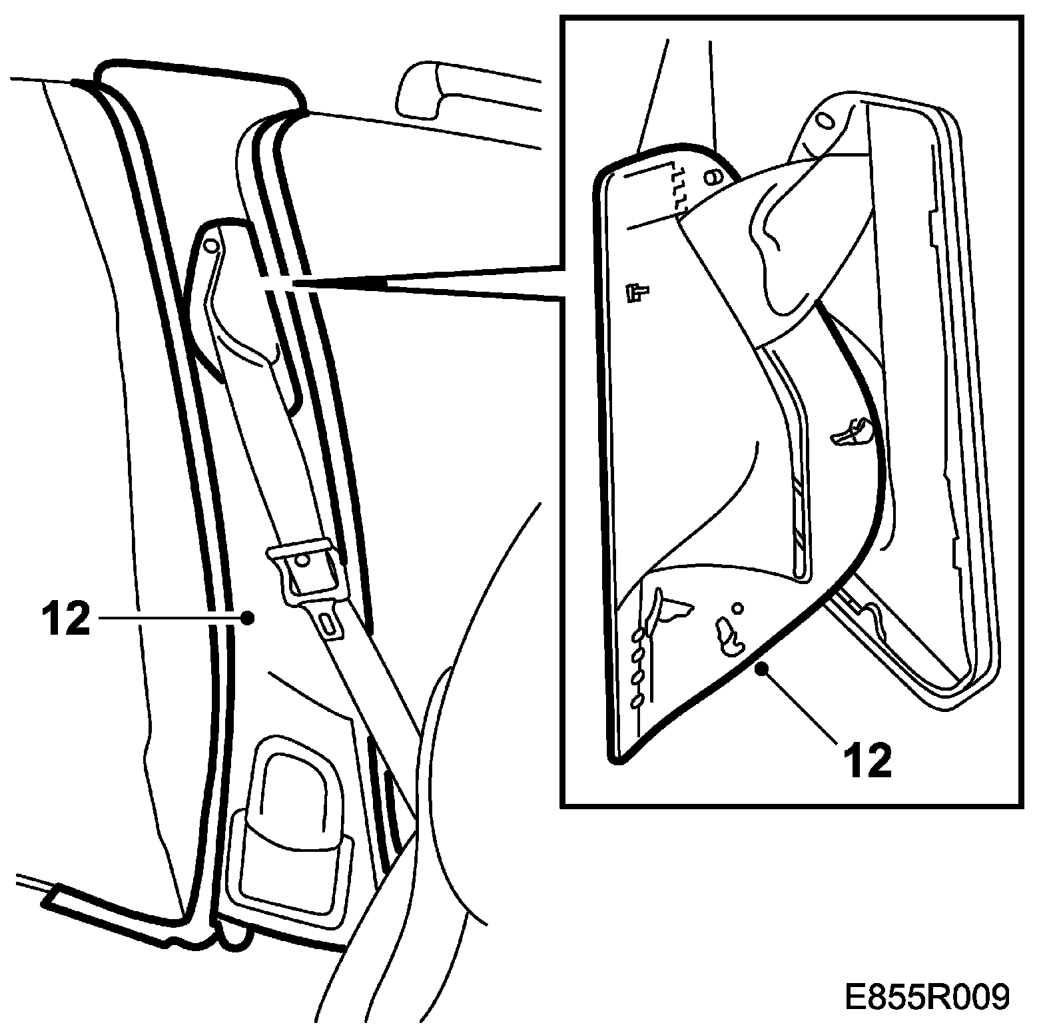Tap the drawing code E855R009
pyautogui.click(x=926, y=997)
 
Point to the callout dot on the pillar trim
pyautogui.click(x=248, y=617)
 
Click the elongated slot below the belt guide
pyautogui.click(x=328, y=624)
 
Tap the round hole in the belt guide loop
pyautogui.click(x=302, y=560)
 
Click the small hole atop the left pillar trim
pyautogui.click(x=210, y=246)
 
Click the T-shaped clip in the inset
pyautogui.click(x=637, y=292)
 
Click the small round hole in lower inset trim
pyautogui.click(x=737, y=607)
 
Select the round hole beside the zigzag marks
pyautogui.click(x=711, y=177)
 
